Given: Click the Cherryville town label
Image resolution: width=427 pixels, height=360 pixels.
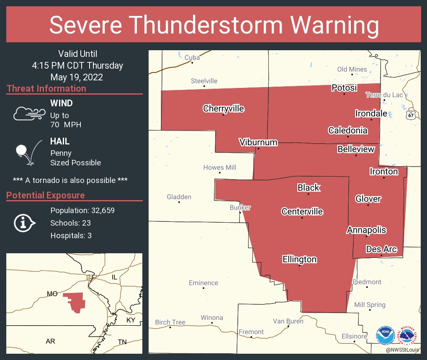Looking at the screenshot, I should coord(223,109).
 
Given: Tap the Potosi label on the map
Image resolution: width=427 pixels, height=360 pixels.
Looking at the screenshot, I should coord(344,88).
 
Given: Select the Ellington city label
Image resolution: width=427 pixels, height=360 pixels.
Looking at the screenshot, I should coord(299,260).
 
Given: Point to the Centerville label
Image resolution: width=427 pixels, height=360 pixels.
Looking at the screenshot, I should coord(302,212).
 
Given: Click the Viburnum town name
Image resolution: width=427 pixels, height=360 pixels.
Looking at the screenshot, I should coord(258,142).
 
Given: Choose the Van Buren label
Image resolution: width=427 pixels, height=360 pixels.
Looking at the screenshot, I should coord(288,321).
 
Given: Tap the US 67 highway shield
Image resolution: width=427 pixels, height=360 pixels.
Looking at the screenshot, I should coord(412,114).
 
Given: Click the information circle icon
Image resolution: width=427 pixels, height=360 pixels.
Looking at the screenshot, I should coord(24,223).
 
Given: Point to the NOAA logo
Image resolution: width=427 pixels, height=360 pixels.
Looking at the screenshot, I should coord(385,336).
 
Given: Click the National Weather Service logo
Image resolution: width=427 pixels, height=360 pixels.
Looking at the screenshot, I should coord(409,336).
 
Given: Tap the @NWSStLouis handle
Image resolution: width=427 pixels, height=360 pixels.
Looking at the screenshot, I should coord(403,350).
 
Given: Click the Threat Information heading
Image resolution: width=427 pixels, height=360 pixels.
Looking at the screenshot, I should coord(46,89).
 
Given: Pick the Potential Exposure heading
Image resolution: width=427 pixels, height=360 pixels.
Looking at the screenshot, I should coord(46,195).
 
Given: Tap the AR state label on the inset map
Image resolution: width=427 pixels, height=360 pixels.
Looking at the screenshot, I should coord(50,342).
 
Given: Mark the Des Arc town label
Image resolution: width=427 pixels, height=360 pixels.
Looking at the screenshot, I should coord(381,249).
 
